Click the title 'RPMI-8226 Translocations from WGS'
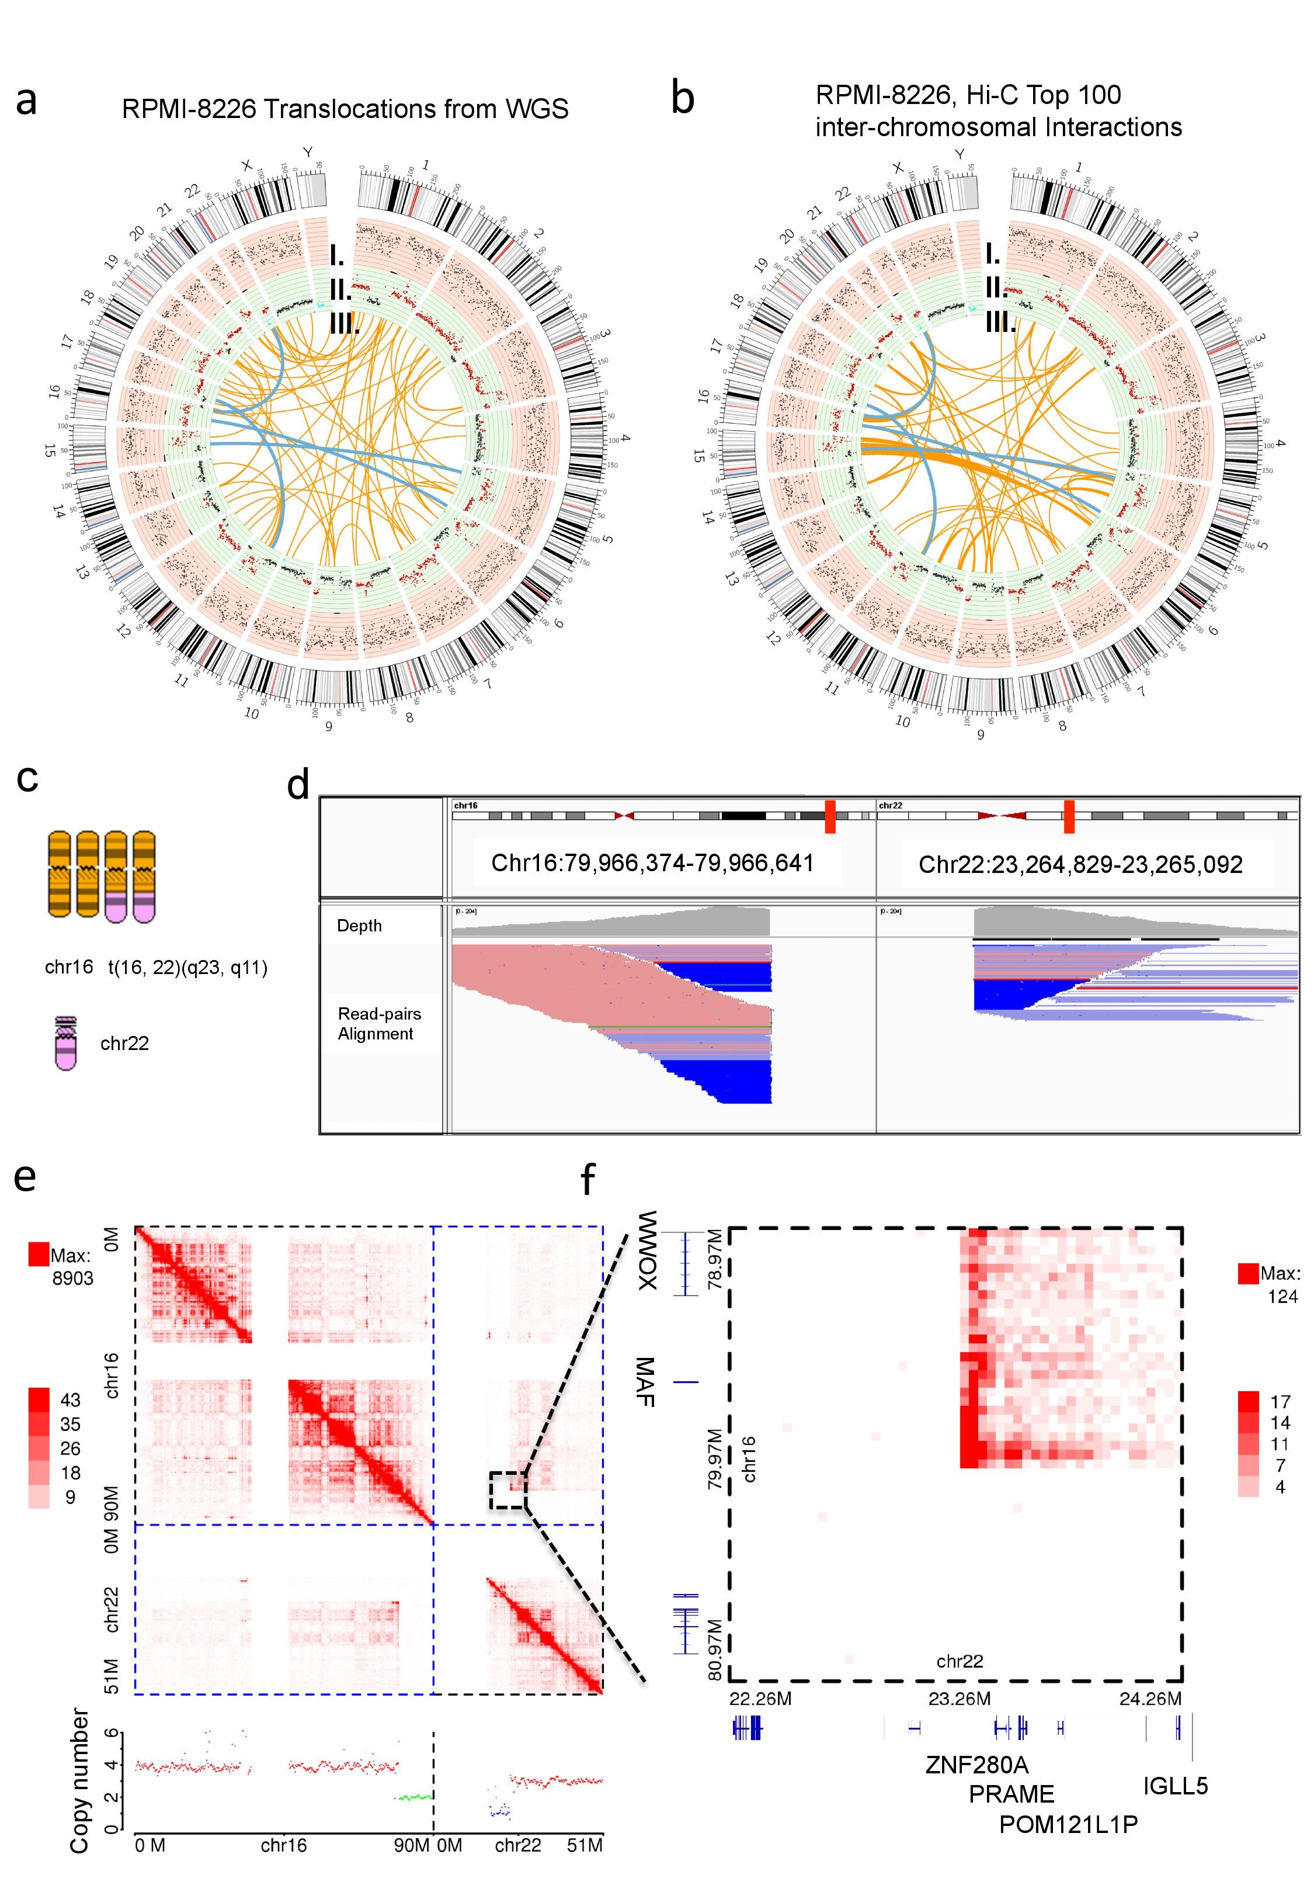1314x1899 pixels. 345,109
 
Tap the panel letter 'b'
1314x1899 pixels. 683,99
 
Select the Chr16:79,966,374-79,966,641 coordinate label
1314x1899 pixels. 652,863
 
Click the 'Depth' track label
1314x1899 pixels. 359,926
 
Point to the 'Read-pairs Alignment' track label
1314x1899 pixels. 378,1024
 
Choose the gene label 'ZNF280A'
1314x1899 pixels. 976,1765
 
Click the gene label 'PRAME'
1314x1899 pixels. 1011,1794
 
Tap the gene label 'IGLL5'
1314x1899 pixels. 1176,1786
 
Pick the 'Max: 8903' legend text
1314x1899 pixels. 72,1267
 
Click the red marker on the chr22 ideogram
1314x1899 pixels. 1069,816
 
